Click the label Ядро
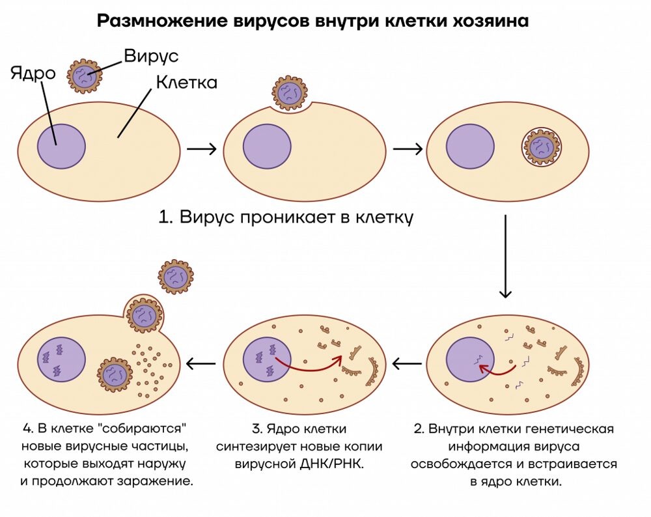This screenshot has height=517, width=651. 33,73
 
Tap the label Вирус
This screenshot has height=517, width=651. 151,56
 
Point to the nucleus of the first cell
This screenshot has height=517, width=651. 61,147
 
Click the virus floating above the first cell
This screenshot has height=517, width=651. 85,77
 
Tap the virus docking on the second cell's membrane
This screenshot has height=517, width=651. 290,93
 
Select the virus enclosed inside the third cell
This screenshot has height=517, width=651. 542,147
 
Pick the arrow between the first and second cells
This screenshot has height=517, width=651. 201,149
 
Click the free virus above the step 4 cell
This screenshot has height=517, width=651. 176,276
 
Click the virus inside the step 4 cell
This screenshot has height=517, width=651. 116,375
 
